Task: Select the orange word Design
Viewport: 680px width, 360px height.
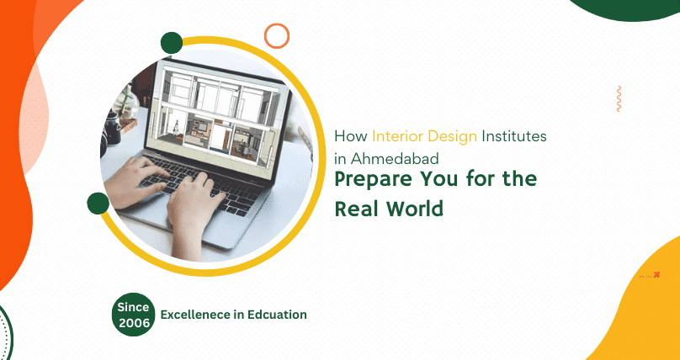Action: point(455,136)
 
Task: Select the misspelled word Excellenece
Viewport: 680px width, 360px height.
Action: point(197,315)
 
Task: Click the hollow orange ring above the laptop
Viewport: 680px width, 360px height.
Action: point(276,35)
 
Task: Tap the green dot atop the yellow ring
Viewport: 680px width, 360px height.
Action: point(172,43)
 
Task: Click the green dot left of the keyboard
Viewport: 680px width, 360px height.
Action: point(98,203)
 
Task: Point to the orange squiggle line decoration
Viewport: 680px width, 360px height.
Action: point(619,98)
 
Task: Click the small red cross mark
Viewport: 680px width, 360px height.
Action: point(656,274)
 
